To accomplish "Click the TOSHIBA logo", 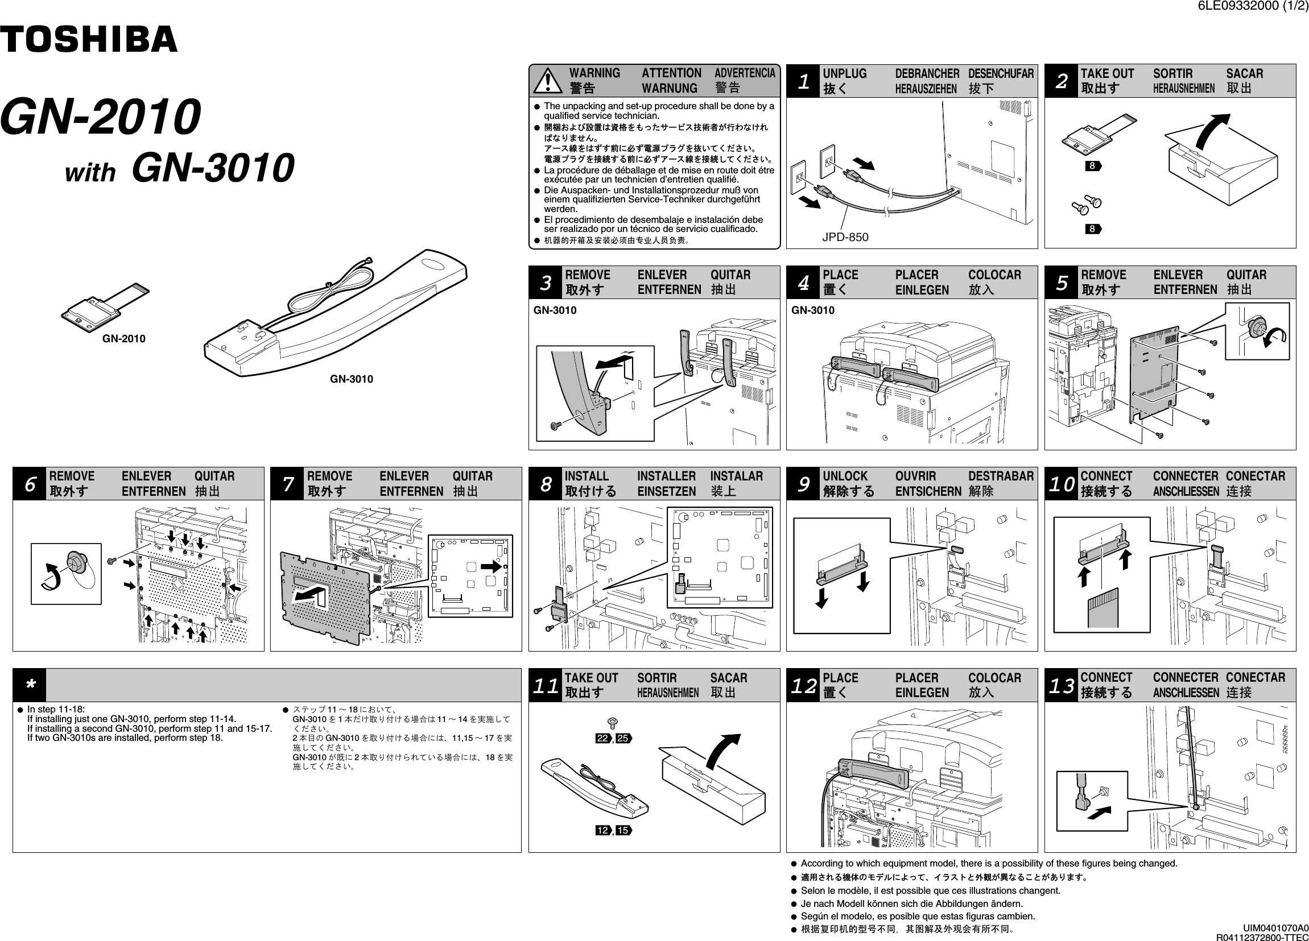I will (x=88, y=39).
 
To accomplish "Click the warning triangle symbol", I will (x=548, y=81).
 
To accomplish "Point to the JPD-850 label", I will (x=845, y=237).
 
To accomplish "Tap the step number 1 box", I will (x=803, y=81).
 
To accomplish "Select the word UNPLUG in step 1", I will (x=844, y=73).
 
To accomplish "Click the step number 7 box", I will (x=287, y=483).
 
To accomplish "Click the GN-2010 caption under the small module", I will (x=123, y=339).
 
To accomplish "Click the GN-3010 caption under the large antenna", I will (x=351, y=379).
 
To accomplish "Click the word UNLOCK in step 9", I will (x=844, y=476).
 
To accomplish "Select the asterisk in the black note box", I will (x=30, y=685).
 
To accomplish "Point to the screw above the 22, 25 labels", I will (x=613, y=722).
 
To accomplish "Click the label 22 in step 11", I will (x=602, y=739).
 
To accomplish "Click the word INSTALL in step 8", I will (x=587, y=476).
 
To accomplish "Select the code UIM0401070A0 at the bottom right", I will (x=1275, y=928).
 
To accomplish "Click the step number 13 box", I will (x=1062, y=685).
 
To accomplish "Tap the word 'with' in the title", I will (x=90, y=172).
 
